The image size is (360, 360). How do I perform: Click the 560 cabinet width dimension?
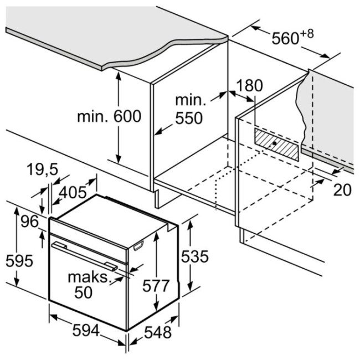click(285, 38)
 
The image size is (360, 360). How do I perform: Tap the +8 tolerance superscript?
click(306, 34)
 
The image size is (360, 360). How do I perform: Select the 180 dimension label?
click(249, 85)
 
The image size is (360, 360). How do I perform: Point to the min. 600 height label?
click(109, 116)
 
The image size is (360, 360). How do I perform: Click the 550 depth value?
click(189, 118)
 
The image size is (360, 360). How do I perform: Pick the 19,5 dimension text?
click(43, 170)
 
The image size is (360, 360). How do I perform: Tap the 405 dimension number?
click(73, 192)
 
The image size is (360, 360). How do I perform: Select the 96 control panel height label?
click(29, 222)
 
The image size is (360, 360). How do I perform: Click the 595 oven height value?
click(19, 261)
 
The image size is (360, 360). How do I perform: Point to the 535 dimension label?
click(195, 256)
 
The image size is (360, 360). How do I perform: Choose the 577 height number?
click(156, 286)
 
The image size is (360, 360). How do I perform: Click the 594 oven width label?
click(86, 331)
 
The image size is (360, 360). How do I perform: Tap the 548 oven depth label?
click(158, 332)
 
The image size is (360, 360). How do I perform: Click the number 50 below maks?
click(83, 292)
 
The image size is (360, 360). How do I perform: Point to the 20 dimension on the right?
click(342, 190)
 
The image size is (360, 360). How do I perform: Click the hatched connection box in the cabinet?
click(276, 144)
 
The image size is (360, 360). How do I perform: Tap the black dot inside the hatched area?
click(274, 143)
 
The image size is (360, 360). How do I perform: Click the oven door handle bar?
click(85, 256)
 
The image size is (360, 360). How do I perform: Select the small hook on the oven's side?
click(138, 245)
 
